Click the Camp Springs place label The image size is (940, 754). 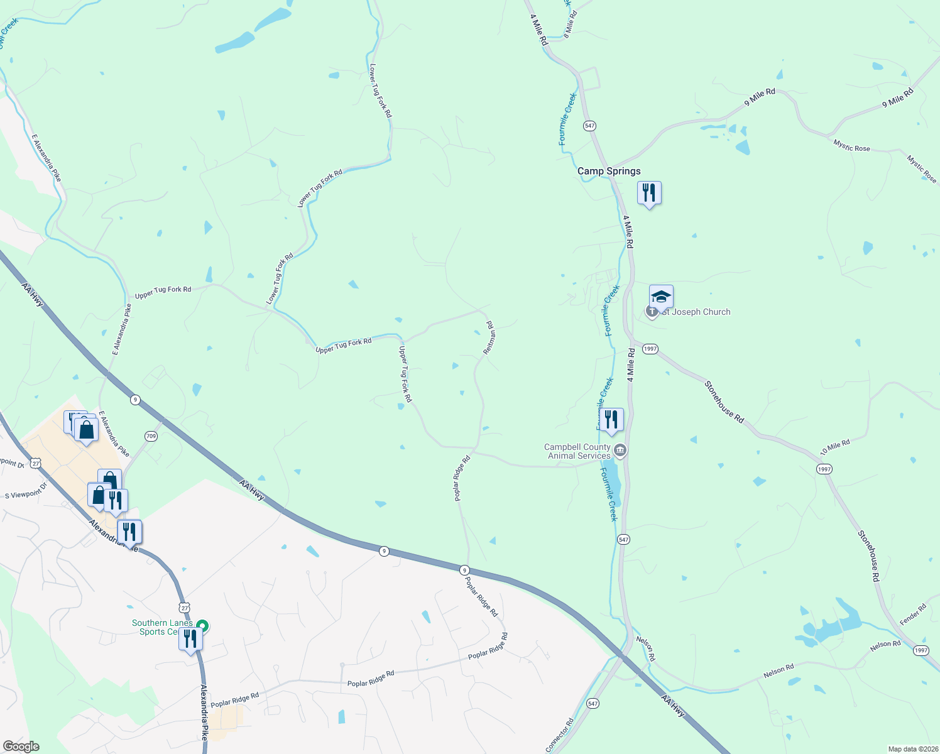click(609, 171)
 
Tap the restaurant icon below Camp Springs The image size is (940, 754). click(649, 193)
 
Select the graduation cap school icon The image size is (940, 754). click(661, 296)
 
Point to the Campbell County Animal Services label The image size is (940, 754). click(577, 451)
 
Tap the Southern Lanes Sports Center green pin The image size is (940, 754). click(202, 626)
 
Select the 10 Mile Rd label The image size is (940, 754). click(835, 448)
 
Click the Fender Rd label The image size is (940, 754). click(913, 614)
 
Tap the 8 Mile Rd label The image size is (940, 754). click(571, 25)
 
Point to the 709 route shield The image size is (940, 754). click(151, 436)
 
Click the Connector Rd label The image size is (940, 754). click(560, 735)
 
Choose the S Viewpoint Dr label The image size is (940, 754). click(26, 490)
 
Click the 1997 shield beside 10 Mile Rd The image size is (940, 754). click(824, 469)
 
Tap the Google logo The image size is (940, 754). click(21, 746)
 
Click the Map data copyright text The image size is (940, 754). click(912, 749)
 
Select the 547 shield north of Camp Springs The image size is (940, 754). click(589, 126)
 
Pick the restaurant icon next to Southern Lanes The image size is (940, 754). click(190, 639)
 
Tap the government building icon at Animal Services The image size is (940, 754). click(620, 450)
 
